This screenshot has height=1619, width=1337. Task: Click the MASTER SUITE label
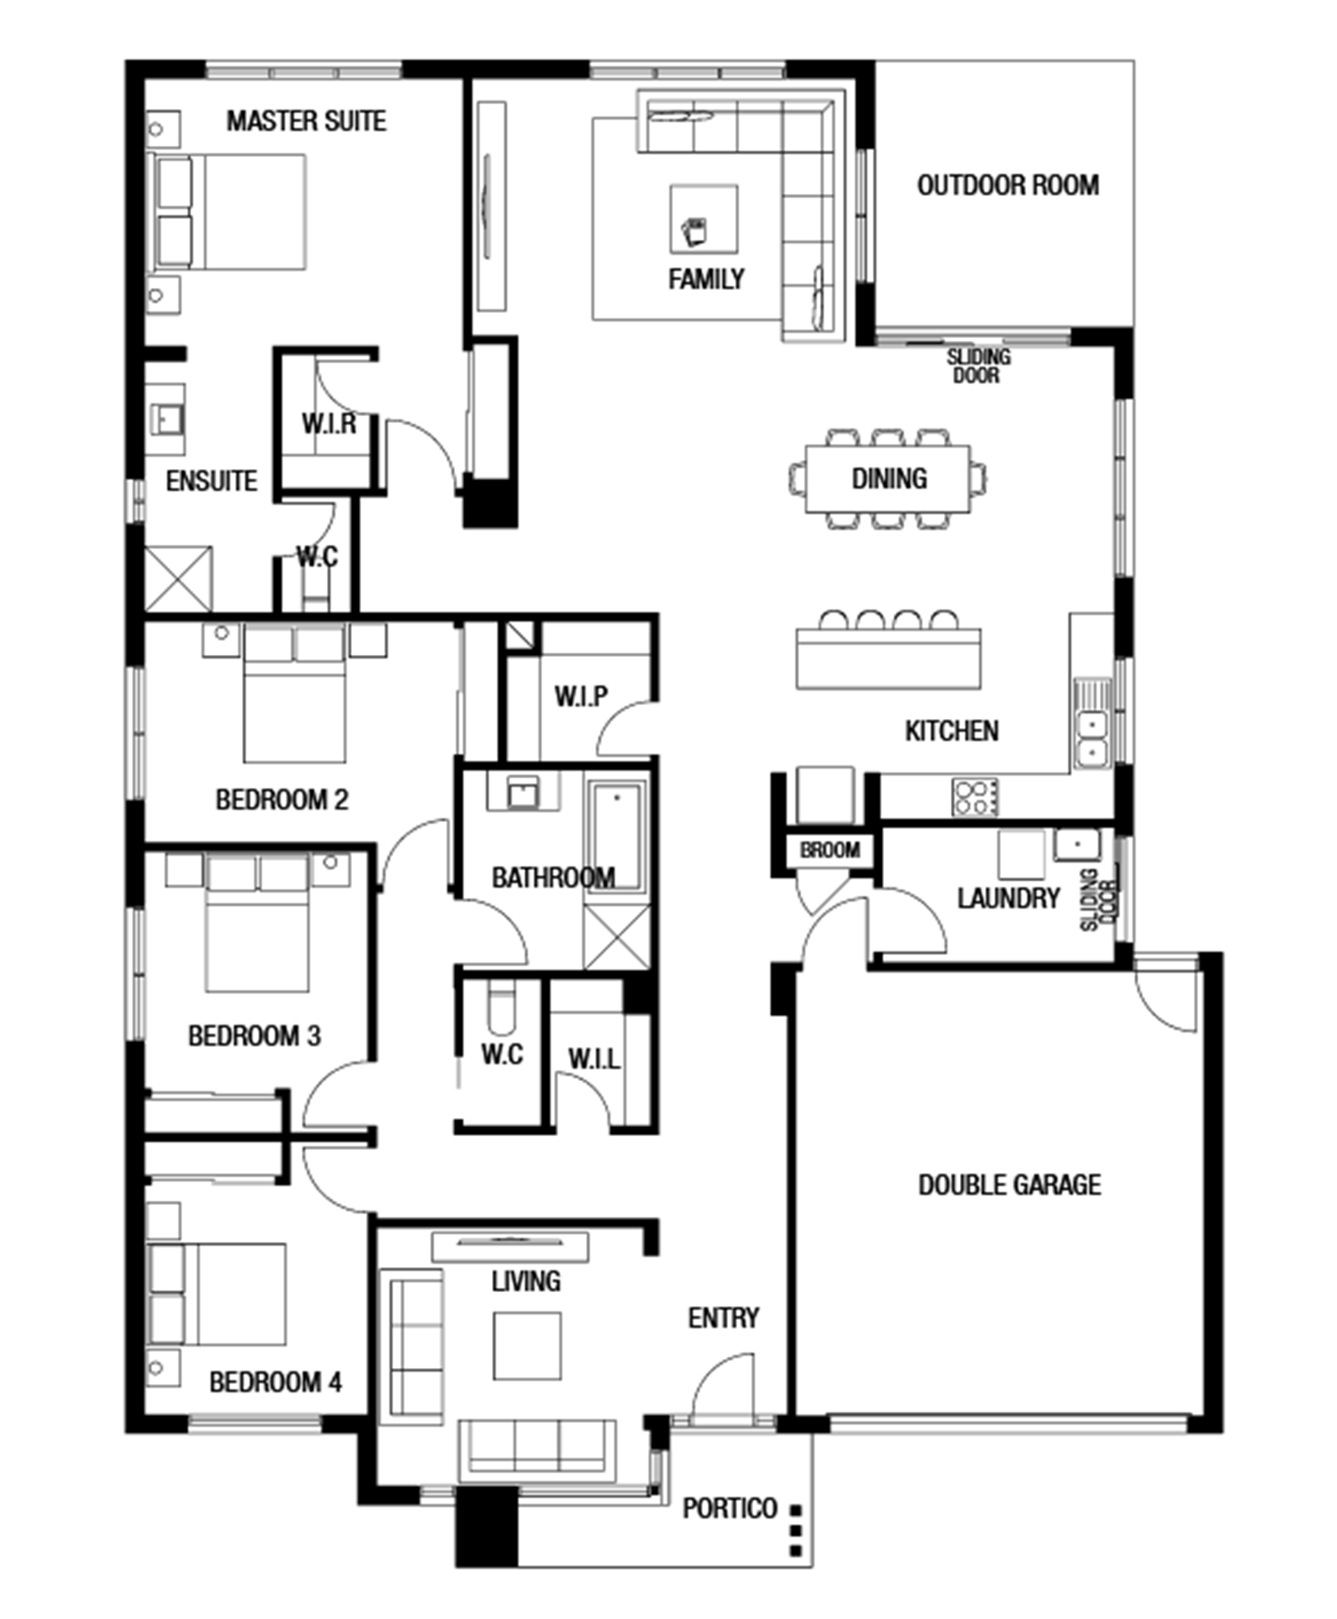[306, 121]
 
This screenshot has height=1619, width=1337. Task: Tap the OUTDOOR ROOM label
[1008, 186]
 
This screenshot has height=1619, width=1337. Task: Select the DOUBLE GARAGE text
[1009, 1184]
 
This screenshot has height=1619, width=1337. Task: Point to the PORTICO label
[730, 1508]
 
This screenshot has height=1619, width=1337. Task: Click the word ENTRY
[723, 1317]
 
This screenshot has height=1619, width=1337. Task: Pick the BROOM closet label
[830, 850]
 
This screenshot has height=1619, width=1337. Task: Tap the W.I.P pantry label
[581, 696]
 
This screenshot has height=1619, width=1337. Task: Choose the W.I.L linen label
[594, 1058]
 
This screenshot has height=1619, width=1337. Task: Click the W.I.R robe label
[329, 424]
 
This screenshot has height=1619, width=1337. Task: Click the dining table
[889, 478]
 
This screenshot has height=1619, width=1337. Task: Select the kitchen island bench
[889, 659]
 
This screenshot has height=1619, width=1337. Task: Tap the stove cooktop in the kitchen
[975, 797]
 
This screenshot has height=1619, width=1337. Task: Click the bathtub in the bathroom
[617, 837]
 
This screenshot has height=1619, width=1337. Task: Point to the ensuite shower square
[178, 580]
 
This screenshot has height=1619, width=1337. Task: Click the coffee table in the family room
[705, 219]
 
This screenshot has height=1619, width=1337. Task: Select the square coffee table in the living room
[526, 1345]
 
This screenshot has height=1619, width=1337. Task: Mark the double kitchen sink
[1092, 737]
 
